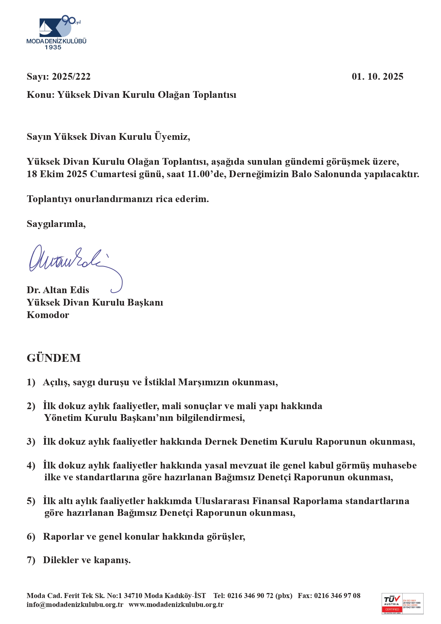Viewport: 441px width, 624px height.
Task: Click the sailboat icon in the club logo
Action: pyautogui.click(x=45, y=28)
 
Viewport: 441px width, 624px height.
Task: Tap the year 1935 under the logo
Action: pyautogui.click(x=53, y=47)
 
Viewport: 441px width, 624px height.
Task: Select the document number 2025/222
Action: pyautogui.click(x=71, y=76)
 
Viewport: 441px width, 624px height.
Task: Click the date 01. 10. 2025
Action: pyautogui.click(x=377, y=76)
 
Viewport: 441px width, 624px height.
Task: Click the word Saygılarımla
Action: pyautogui.click(x=56, y=224)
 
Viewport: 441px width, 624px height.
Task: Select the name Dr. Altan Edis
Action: pyautogui.click(x=58, y=290)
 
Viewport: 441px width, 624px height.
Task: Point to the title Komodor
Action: pyautogui.click(x=48, y=315)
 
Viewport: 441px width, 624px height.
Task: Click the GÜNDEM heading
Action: pyautogui.click(x=54, y=358)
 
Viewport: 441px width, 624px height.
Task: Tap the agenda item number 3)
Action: pyautogui.click(x=31, y=441)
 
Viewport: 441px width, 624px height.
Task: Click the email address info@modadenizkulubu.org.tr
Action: pyautogui.click(x=75, y=604)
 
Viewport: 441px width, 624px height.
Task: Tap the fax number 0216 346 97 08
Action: pyautogui.click(x=337, y=596)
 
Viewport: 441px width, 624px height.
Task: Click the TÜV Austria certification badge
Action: pyautogui.click(x=402, y=603)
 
